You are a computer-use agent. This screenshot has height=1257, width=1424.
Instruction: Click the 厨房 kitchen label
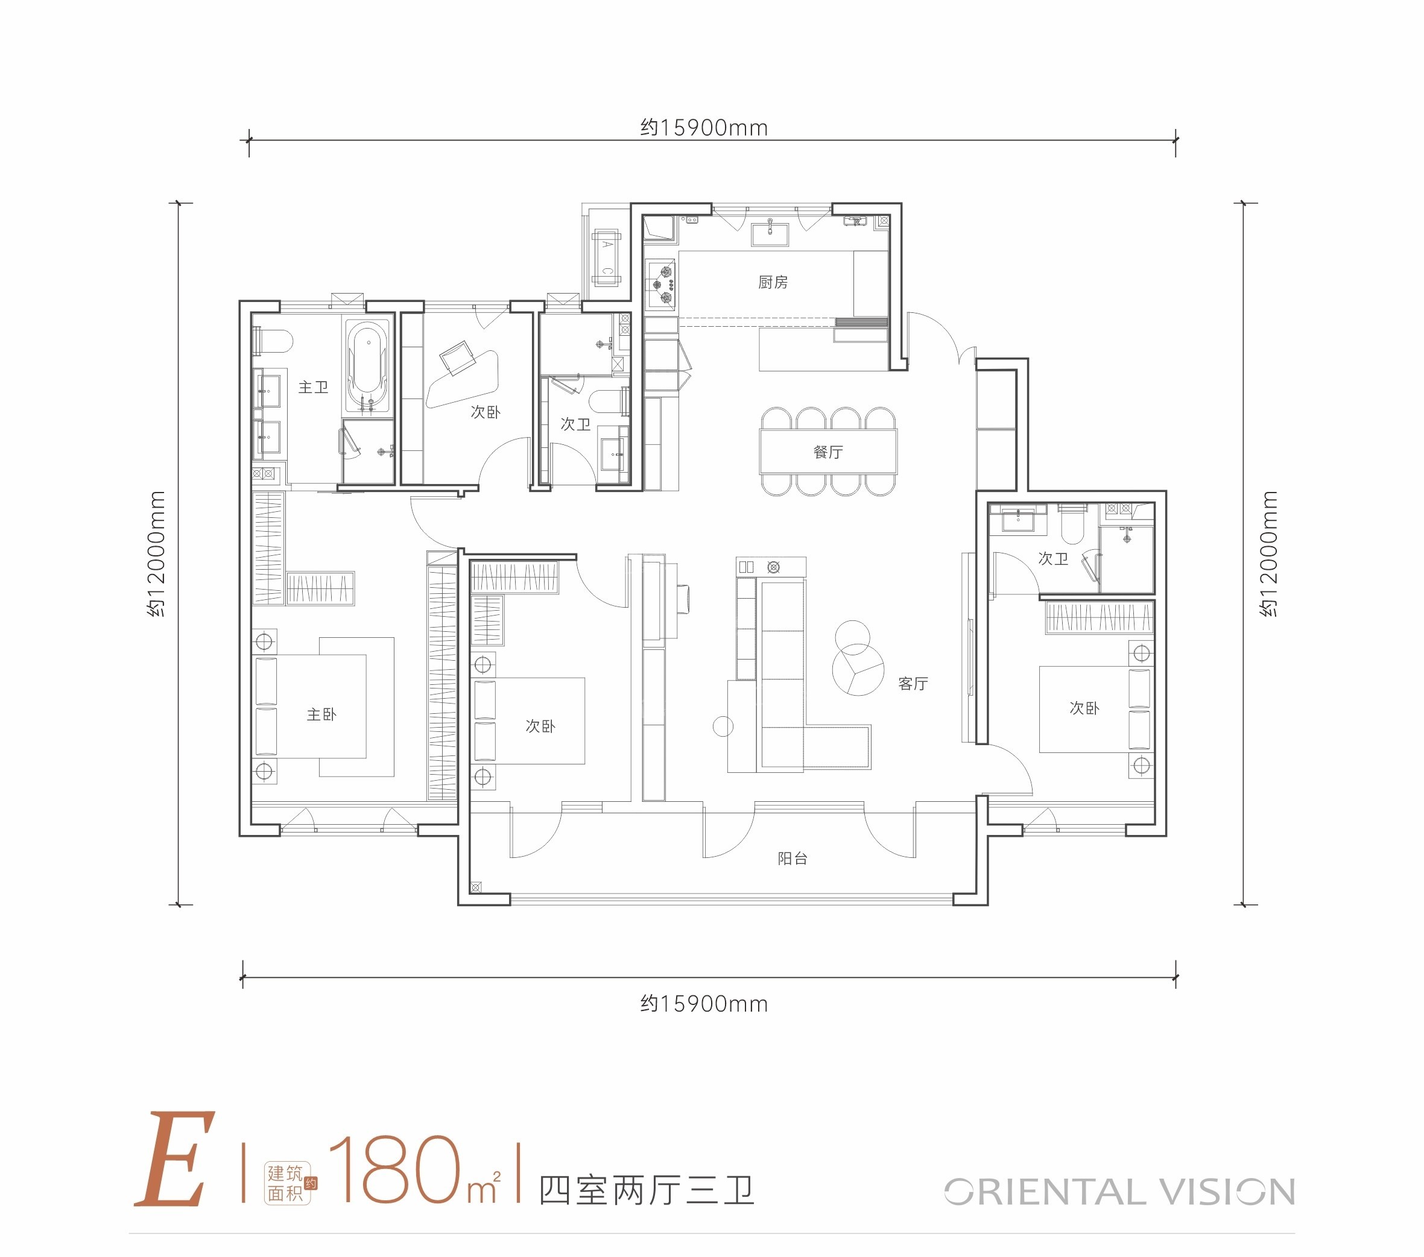(x=773, y=282)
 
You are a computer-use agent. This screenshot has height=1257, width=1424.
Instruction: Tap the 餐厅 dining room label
(x=828, y=452)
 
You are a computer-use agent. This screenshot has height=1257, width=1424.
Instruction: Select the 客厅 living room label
(x=913, y=684)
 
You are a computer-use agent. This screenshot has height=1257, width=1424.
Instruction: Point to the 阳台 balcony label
(x=793, y=858)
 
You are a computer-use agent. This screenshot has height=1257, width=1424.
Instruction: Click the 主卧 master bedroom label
(x=321, y=714)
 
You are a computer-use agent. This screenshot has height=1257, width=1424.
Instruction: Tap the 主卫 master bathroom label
(x=313, y=387)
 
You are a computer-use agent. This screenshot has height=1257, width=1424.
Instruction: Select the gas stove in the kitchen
(x=660, y=283)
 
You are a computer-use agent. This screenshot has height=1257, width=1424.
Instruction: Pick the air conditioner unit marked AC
(x=606, y=257)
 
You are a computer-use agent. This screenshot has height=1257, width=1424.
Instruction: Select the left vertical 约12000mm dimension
(x=157, y=553)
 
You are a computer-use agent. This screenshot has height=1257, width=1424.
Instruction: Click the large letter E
(x=174, y=1159)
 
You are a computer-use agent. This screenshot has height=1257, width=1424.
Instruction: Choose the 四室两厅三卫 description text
(x=647, y=1191)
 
